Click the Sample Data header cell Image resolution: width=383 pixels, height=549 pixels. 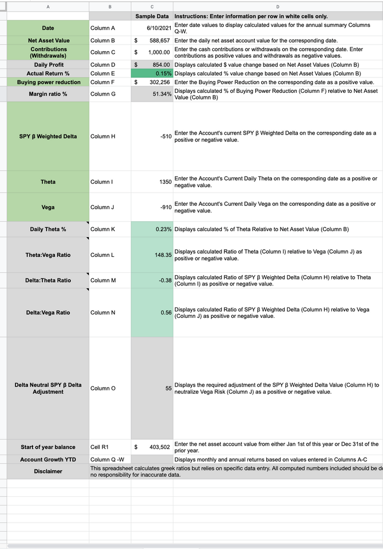point(152,16)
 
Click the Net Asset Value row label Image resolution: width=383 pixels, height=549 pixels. point(48,41)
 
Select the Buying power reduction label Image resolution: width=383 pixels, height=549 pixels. point(48,82)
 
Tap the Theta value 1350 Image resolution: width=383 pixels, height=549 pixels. point(165,182)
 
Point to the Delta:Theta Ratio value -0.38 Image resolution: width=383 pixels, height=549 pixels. point(164,281)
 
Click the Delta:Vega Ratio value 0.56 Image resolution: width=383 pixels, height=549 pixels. point(166,312)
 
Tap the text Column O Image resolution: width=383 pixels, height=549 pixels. point(103,388)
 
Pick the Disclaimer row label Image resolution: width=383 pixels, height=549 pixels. point(48,472)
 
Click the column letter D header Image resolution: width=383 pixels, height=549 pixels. point(278,7)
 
